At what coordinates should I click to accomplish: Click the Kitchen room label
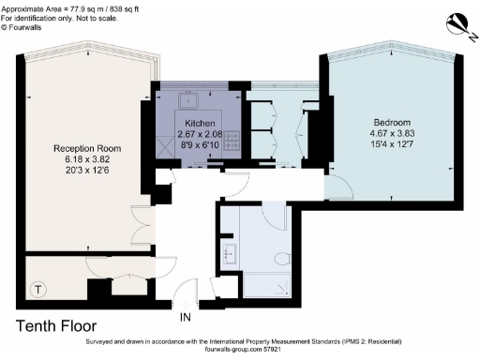coord(200,123)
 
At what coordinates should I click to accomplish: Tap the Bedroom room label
coord(392,122)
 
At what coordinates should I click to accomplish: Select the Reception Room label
coord(87,148)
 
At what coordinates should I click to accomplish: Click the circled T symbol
coord(38,290)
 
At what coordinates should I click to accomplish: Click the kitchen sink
coord(188,100)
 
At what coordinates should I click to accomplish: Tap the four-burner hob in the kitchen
coord(232,141)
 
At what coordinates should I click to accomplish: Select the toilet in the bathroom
coord(282,259)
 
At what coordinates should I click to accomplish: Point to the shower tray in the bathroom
coord(266,285)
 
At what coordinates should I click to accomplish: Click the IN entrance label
coord(185,317)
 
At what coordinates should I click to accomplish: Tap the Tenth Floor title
coord(56,326)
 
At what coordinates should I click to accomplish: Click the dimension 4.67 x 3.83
coord(392,133)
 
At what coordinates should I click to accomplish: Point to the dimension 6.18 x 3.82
coord(87,159)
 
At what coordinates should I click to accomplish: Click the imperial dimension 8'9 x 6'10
coord(200,145)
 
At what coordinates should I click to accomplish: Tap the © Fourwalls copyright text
coord(21,27)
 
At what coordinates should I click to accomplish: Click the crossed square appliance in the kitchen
coord(165,147)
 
